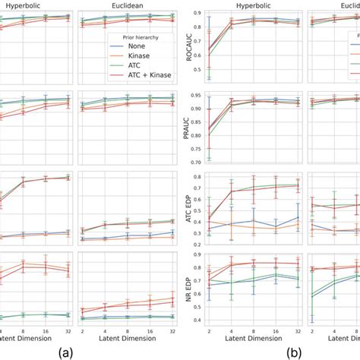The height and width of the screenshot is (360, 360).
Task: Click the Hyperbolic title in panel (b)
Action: click(x=253, y=5)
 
